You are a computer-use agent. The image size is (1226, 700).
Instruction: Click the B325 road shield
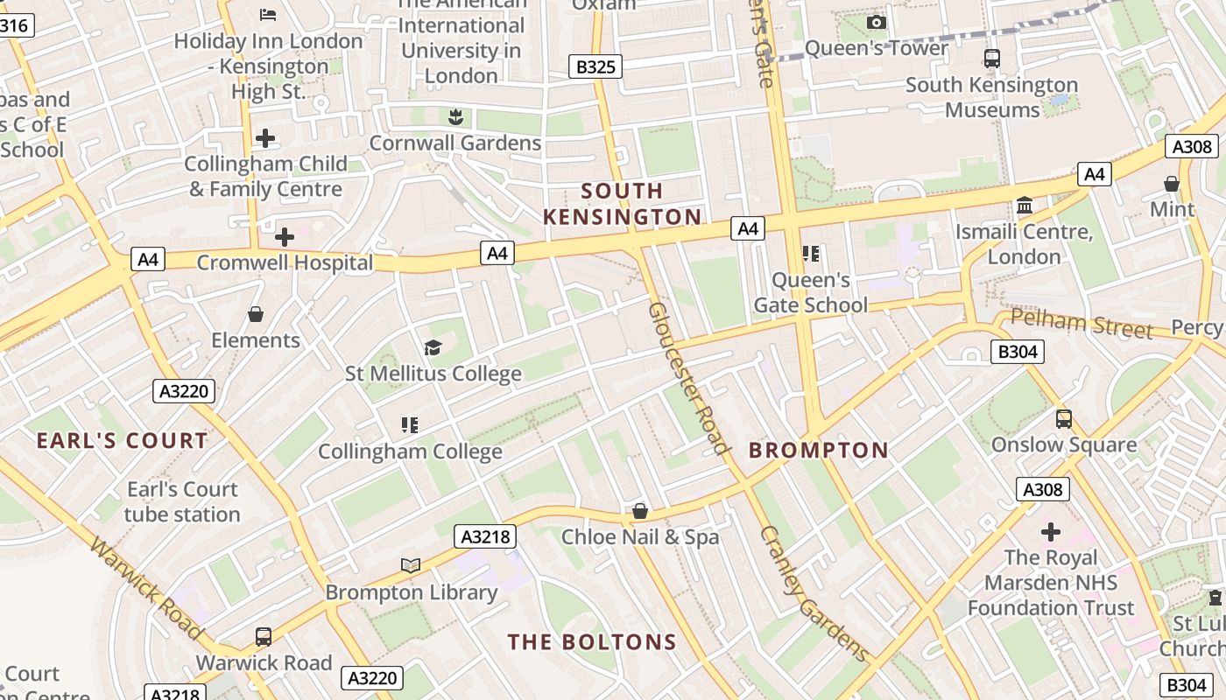pyautogui.click(x=595, y=66)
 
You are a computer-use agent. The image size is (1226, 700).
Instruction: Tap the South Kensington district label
pyautogui.click(x=623, y=204)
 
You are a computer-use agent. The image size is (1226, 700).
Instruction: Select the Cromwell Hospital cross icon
pyautogui.click(x=285, y=237)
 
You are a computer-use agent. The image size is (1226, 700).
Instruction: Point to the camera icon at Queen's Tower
pyautogui.click(x=876, y=22)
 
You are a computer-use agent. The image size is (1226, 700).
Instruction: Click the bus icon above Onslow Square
pyautogui.click(x=1064, y=419)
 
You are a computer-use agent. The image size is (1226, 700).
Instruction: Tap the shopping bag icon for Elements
pyautogui.click(x=256, y=314)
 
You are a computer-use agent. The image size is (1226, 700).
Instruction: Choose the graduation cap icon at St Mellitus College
pyautogui.click(x=433, y=348)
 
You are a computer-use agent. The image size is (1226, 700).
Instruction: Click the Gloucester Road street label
pyautogui.click(x=688, y=378)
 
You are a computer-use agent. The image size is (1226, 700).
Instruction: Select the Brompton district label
pyautogui.click(x=819, y=451)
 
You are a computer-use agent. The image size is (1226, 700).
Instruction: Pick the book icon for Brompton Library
pyautogui.click(x=411, y=565)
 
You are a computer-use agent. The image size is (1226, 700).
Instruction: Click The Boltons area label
pyautogui.click(x=593, y=642)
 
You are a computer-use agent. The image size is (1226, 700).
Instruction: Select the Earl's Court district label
pyautogui.click(x=123, y=441)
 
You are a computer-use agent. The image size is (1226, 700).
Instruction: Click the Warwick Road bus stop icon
pyautogui.click(x=264, y=636)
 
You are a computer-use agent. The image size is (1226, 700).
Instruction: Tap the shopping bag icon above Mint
pyautogui.click(x=1172, y=184)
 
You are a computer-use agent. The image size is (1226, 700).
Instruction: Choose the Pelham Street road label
pyautogui.click(x=1082, y=324)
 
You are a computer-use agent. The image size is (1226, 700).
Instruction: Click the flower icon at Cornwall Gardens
pyautogui.click(x=454, y=116)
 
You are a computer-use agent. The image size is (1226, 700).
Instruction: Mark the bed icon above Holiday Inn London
pyautogui.click(x=268, y=14)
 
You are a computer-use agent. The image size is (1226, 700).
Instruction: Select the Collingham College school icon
pyautogui.click(x=409, y=425)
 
